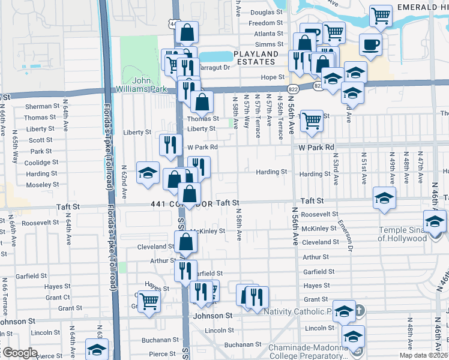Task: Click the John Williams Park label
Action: [146, 85]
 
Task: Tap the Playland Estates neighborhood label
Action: [258, 58]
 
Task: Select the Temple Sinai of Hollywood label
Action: [402, 234]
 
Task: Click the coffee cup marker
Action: [370, 44]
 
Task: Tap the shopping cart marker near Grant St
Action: [148, 301]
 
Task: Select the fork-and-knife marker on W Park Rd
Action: [170, 144]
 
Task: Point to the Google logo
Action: [19, 353]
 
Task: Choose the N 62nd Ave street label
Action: [125, 182]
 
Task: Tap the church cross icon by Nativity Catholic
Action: [359, 311]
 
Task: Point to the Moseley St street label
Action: [42, 184]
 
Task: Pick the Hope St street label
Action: [272, 77]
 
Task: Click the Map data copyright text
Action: [424, 355]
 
